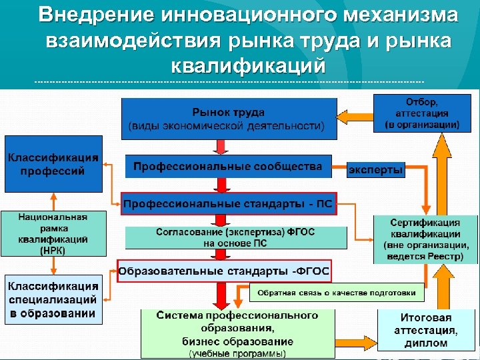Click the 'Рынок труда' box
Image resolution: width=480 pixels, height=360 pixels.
click(x=228, y=119)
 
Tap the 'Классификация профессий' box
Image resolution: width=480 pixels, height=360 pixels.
click(x=53, y=164)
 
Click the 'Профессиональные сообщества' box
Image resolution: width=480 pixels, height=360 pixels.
click(x=228, y=167)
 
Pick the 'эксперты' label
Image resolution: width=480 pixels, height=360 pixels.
click(x=376, y=171)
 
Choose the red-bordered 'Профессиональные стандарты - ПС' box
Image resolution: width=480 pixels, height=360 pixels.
click(x=229, y=203)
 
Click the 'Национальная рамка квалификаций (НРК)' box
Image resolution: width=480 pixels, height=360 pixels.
click(x=53, y=234)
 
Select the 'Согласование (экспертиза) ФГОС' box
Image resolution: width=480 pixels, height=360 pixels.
click(x=236, y=237)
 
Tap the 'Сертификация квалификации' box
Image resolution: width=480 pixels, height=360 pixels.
click(x=425, y=239)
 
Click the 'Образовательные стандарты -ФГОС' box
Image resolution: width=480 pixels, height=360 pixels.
click(x=224, y=271)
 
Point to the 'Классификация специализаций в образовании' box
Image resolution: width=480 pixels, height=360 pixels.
click(x=53, y=299)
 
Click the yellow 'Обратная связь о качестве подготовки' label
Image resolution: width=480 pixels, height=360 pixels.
click(x=337, y=293)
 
